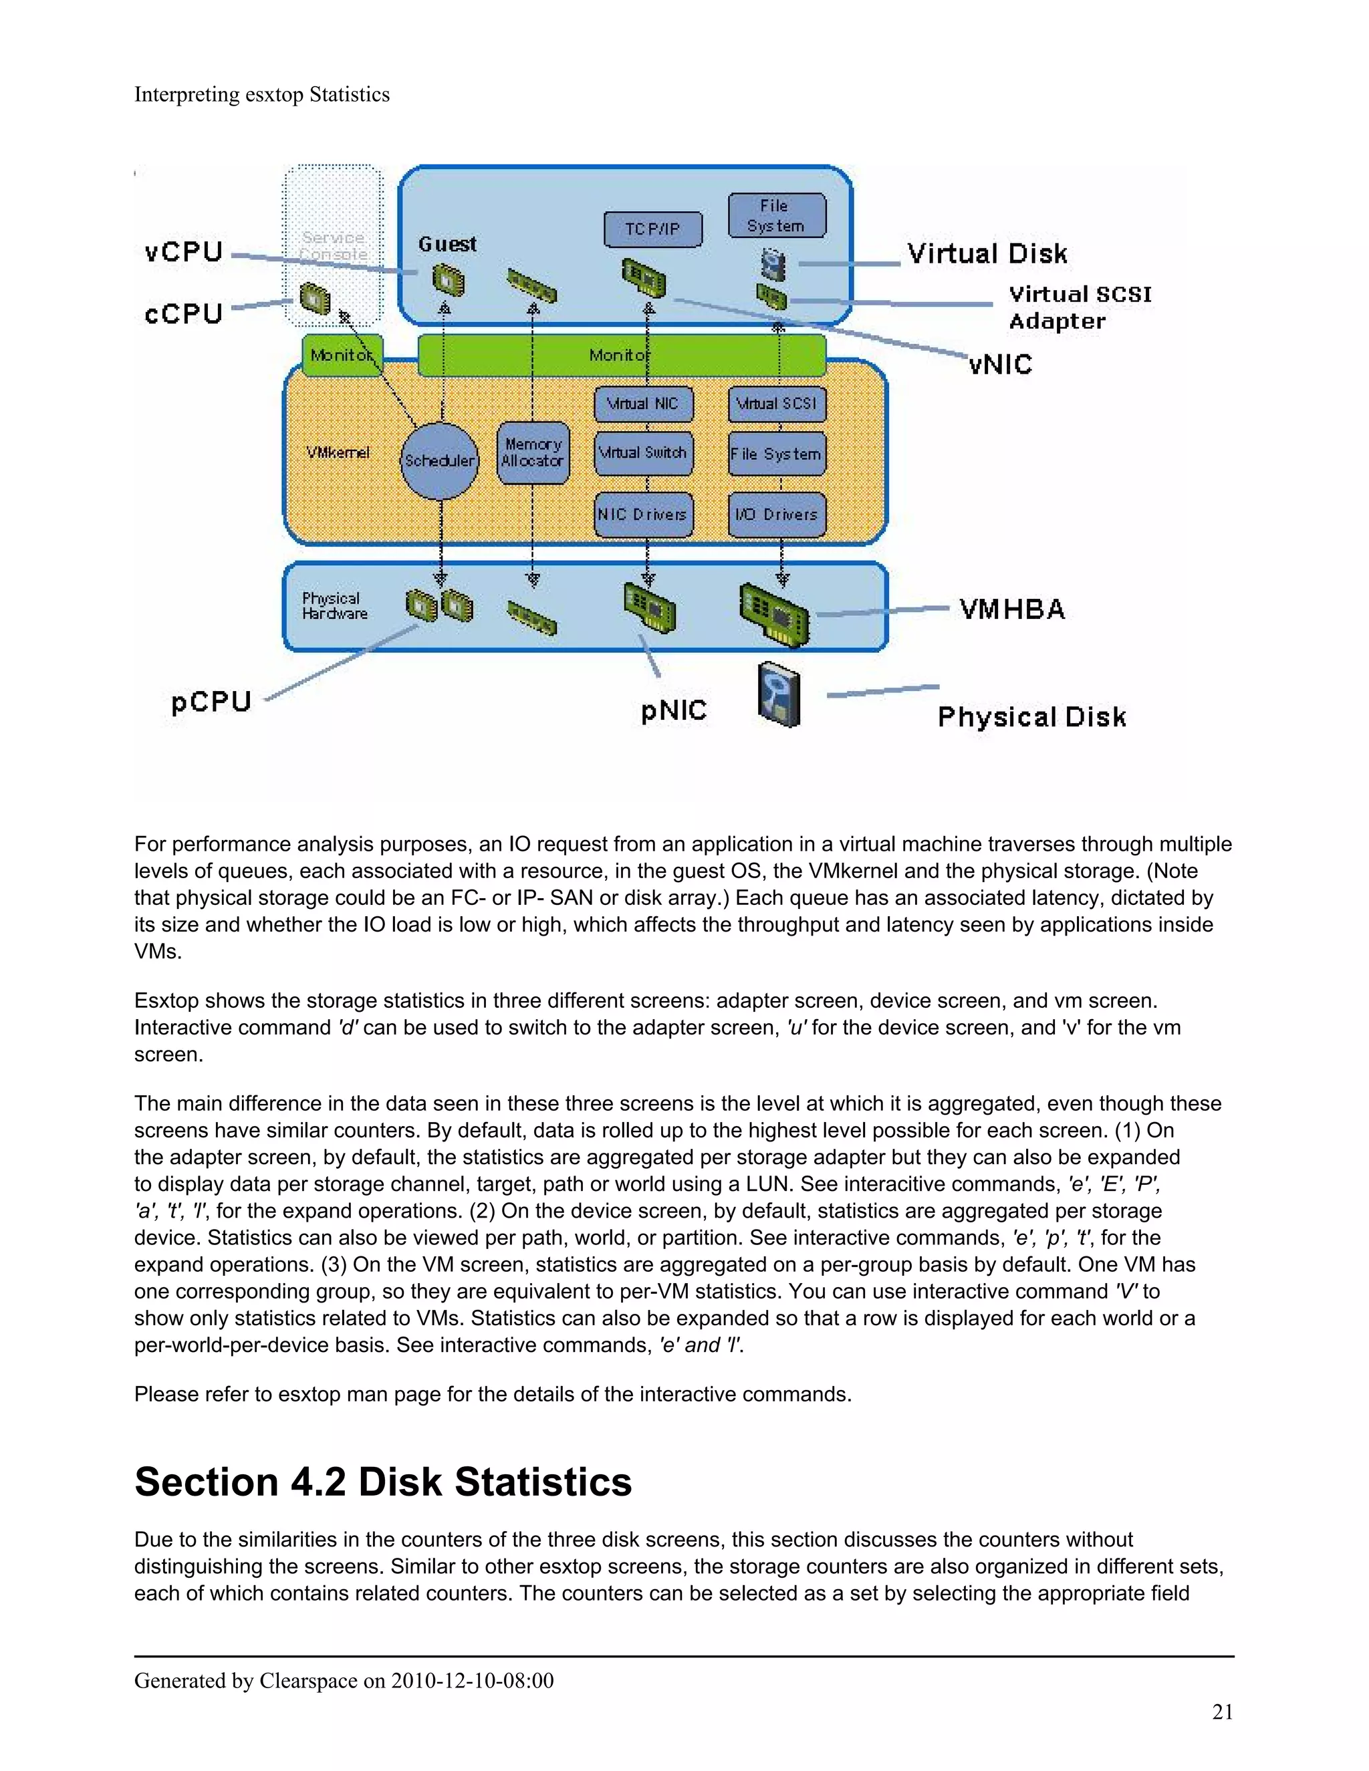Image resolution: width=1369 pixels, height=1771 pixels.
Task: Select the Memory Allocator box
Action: click(x=532, y=452)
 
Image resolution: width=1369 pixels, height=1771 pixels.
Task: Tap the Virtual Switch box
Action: click(x=643, y=452)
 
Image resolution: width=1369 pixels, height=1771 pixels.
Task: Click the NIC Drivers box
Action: click(x=643, y=514)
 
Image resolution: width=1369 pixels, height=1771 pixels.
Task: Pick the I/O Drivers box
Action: click(x=776, y=514)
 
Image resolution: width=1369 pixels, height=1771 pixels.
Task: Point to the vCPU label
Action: click(x=183, y=251)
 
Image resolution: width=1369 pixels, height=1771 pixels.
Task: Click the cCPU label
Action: click(x=183, y=314)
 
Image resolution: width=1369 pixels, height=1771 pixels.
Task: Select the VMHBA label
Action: click(x=1012, y=609)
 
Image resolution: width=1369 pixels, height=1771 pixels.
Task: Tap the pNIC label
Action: click(x=673, y=710)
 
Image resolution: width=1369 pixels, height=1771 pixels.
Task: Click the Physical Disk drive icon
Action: click(x=778, y=695)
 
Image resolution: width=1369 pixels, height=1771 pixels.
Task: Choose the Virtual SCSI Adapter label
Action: click(x=1079, y=307)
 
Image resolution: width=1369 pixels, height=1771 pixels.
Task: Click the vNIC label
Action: click(x=1000, y=364)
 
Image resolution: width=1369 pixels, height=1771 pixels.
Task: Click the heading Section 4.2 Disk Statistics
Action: click(x=383, y=1482)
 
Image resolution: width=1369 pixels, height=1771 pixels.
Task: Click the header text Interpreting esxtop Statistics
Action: click(x=261, y=95)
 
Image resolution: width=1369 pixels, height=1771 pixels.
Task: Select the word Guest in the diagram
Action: click(x=447, y=244)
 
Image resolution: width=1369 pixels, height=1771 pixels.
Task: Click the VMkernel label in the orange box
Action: click(x=338, y=452)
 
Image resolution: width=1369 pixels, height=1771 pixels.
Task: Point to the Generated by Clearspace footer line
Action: click(x=344, y=1680)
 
